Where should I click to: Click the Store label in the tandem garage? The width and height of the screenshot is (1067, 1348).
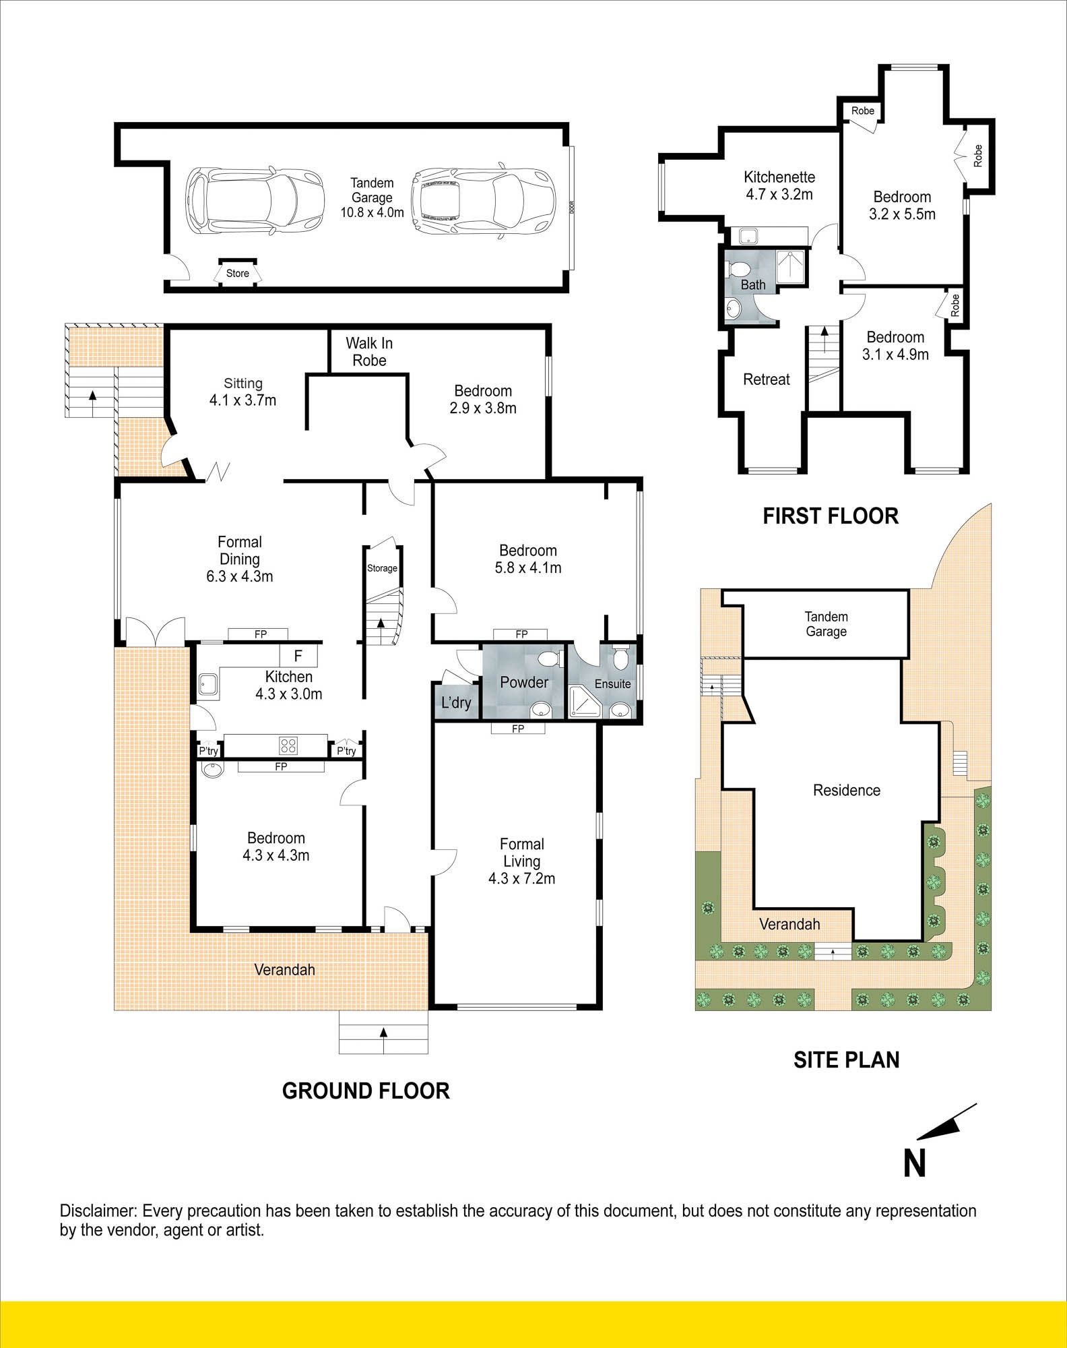[237, 273]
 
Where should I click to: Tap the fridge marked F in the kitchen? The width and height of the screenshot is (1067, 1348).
[298, 655]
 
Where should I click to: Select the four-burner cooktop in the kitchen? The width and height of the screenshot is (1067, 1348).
[289, 745]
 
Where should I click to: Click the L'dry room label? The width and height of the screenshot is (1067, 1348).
[456, 703]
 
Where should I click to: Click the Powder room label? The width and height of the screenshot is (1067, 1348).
[524, 682]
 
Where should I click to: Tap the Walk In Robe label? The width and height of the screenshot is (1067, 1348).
[369, 352]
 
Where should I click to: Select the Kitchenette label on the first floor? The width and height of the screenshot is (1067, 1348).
[779, 177]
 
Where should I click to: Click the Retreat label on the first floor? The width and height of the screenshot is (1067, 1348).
[767, 379]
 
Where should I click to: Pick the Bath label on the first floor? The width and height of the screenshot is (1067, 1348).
[753, 285]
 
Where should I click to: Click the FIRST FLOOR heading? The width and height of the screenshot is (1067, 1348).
[831, 516]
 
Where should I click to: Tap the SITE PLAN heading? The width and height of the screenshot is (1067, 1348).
[847, 1060]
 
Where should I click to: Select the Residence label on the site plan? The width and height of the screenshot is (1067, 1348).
[847, 790]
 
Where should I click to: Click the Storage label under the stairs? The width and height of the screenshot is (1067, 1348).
[382, 568]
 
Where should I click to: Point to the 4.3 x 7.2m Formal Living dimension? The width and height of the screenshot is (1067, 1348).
[522, 878]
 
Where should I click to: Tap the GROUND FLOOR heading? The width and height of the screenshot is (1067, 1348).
[366, 1091]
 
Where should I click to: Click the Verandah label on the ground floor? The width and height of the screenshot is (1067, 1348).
[284, 970]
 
